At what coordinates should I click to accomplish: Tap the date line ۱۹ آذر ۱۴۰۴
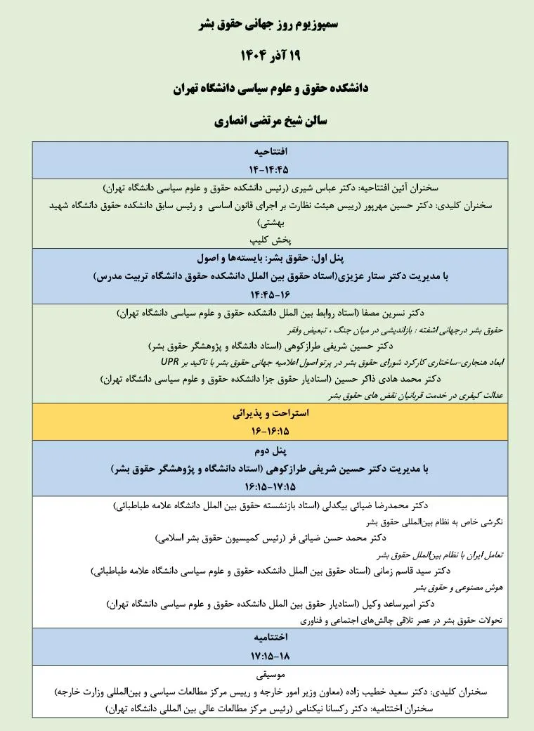click(268, 57)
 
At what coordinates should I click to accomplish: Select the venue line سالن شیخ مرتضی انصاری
click(268, 121)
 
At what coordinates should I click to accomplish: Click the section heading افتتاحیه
click(268, 152)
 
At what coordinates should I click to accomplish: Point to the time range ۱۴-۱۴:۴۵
click(268, 169)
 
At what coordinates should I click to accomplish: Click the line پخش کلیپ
click(268, 239)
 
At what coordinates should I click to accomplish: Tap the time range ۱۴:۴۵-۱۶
click(268, 295)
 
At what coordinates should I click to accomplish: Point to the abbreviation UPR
click(170, 362)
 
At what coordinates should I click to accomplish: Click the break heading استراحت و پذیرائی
click(268, 414)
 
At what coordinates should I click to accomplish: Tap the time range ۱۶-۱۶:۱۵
click(268, 430)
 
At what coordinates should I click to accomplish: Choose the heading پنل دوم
click(268, 451)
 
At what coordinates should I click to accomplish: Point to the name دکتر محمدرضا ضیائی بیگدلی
click(376, 505)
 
